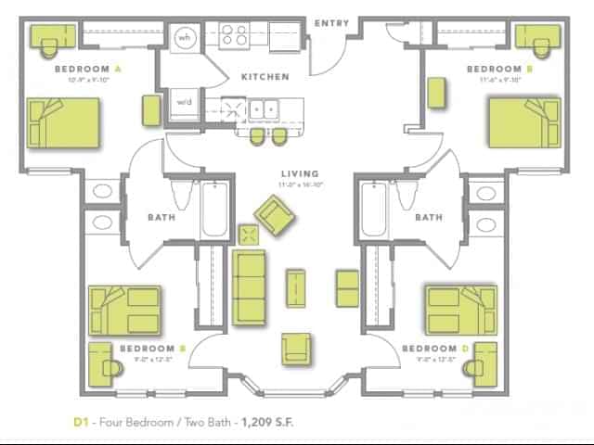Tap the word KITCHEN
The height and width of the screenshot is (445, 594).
265,77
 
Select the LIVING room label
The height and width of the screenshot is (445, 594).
300,173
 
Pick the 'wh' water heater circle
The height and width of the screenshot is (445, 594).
185,38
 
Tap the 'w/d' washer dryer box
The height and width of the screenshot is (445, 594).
184,102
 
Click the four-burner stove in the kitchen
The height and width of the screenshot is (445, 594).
233,35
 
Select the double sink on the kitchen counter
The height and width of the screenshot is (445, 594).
264,107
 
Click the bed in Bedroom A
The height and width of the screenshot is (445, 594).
63,122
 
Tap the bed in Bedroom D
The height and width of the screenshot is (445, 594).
460,310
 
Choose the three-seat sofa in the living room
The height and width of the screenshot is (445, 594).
248,285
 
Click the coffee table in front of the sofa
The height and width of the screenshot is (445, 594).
295,286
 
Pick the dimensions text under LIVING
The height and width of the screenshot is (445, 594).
300,184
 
